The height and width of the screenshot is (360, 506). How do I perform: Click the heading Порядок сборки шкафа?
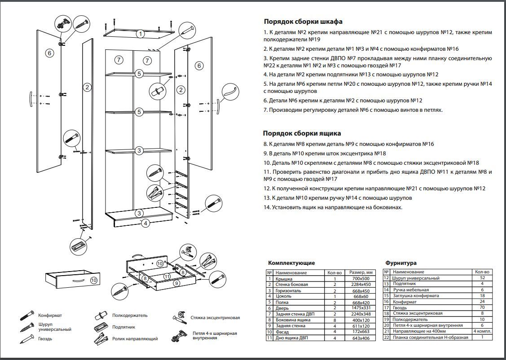point(303,22)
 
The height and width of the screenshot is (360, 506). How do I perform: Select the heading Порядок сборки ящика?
point(302,133)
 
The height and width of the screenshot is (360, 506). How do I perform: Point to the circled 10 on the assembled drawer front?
point(93,280)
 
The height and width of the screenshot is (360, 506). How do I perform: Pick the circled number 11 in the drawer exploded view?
point(167,276)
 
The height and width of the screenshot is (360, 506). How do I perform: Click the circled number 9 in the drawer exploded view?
point(176,283)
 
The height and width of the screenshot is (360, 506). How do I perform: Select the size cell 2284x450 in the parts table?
point(361,285)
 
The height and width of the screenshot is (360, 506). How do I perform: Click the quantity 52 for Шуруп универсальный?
point(482,278)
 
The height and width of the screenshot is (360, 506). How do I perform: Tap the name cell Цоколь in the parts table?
point(284,296)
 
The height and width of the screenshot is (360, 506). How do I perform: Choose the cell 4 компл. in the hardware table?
point(483,331)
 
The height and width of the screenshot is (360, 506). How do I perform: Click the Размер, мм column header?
point(361,272)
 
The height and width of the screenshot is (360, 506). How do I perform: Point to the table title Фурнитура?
point(401,263)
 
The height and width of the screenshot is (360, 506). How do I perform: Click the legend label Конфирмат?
point(50,316)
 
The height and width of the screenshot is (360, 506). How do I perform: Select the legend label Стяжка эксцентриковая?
point(215,318)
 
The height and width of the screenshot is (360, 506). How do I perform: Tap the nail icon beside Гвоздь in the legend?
point(27,339)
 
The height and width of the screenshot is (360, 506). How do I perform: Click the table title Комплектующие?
point(291,263)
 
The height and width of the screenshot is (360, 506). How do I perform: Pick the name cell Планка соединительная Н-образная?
point(430,338)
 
